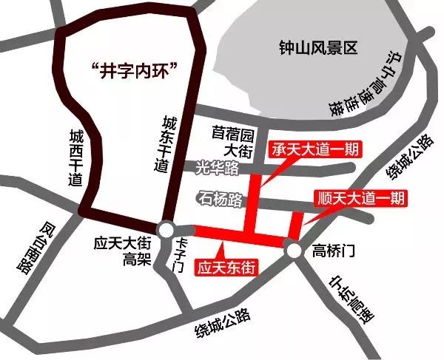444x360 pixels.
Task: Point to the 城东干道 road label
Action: [x=164, y=144]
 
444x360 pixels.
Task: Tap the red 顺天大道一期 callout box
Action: [x=360, y=198]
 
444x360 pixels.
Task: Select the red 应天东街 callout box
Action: [x=226, y=267]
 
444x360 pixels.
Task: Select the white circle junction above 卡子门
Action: [x=166, y=229]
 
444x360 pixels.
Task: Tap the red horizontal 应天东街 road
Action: [x=237, y=236]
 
